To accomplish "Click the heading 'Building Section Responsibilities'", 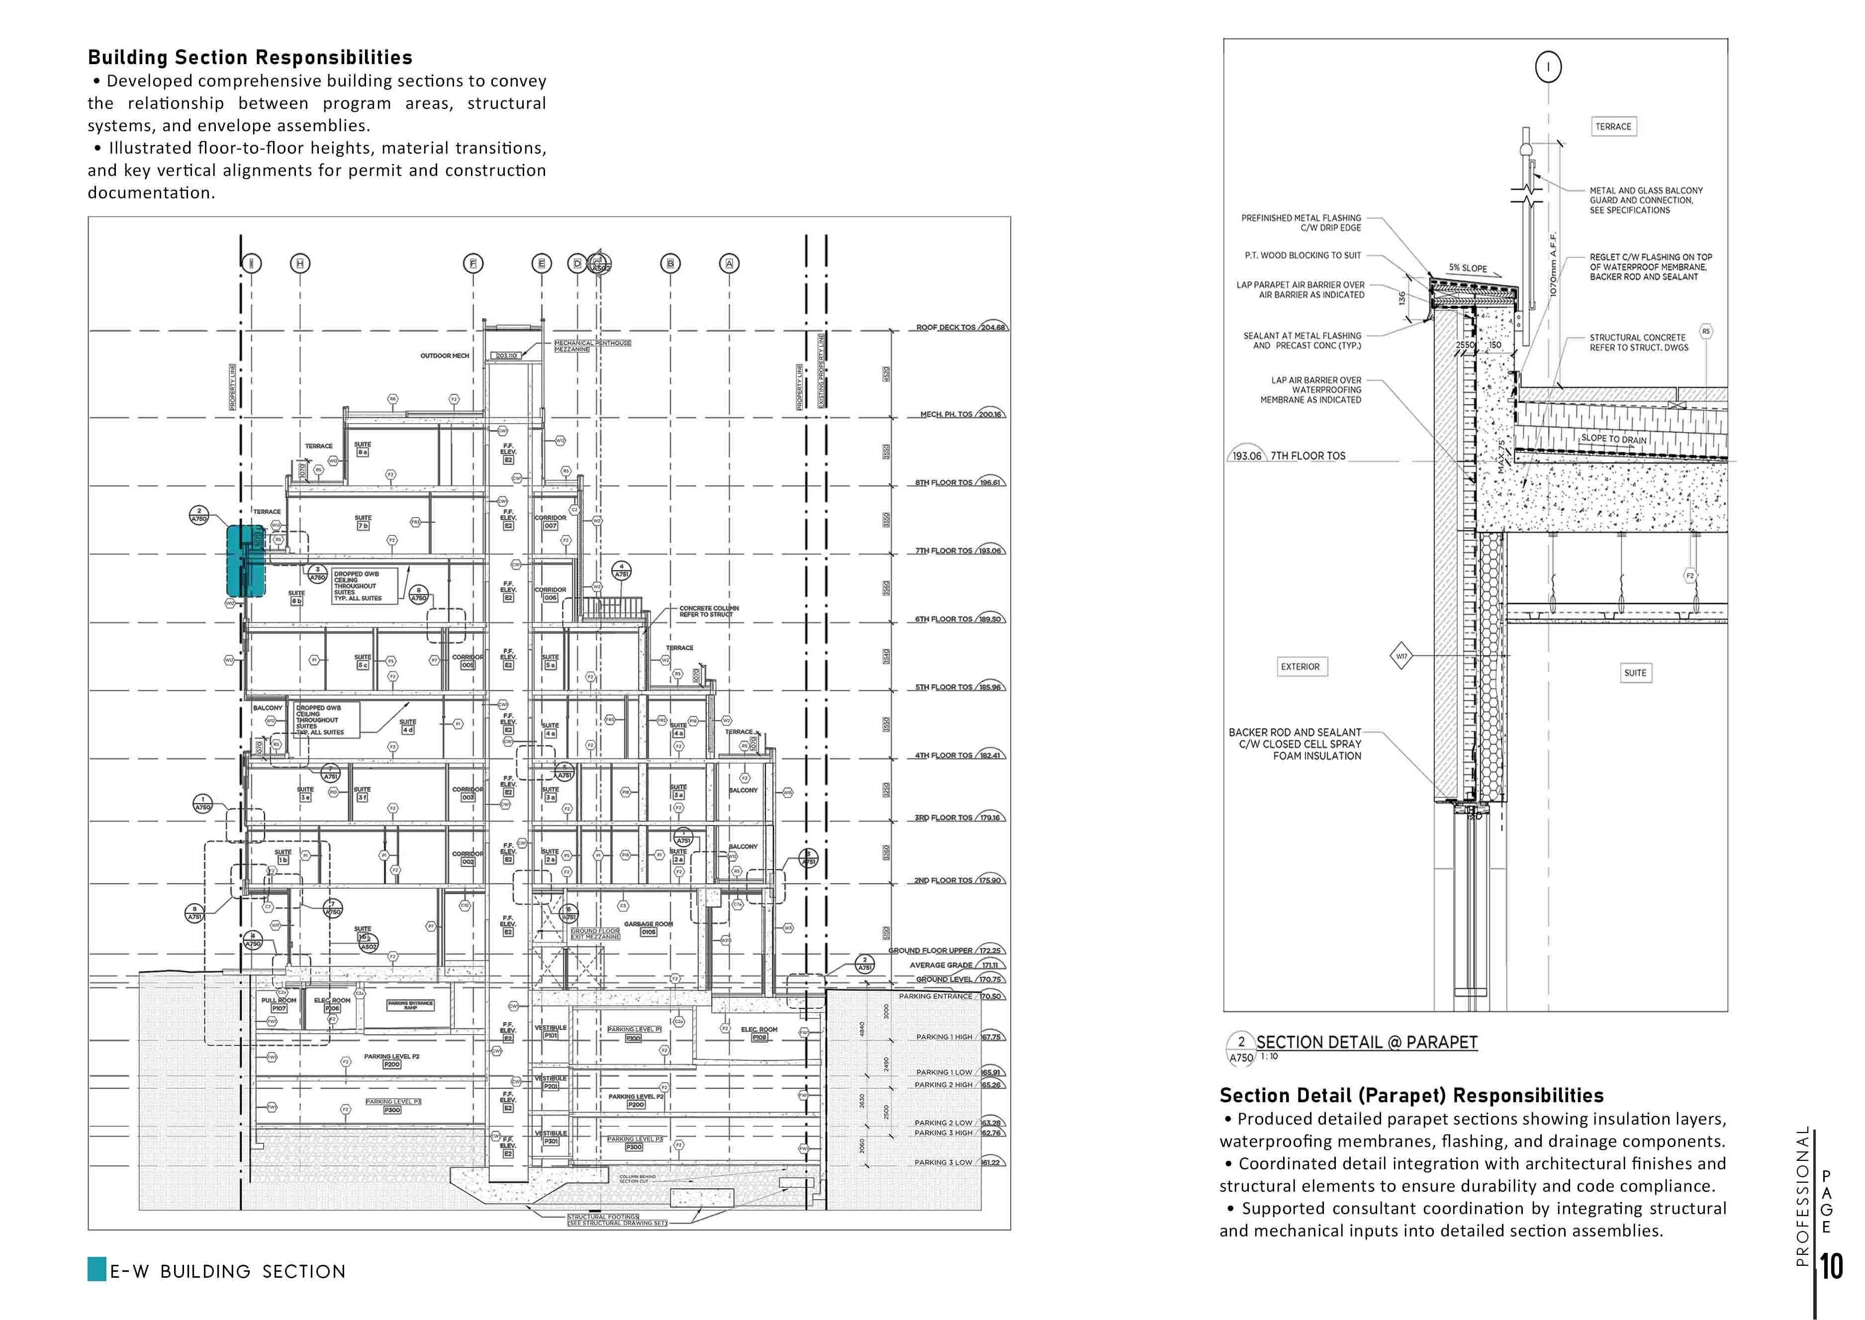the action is [250, 58].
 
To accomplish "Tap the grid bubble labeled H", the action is [300, 264].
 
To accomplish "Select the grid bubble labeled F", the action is [473, 264].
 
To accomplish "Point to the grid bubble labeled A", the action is [729, 264].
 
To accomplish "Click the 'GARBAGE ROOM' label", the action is [648, 924].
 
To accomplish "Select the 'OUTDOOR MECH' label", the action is [445, 356].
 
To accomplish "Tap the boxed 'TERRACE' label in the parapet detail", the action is [1613, 127].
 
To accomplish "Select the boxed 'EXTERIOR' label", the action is [1300, 667].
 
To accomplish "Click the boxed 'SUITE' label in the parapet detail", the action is [1635, 673].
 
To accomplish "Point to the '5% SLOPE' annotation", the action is [1468, 268].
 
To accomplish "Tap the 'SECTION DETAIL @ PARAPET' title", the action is [1367, 1042].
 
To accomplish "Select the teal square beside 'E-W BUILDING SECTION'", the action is [97, 1270].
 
